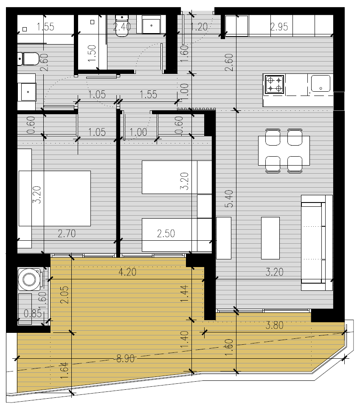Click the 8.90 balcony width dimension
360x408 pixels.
[125, 359]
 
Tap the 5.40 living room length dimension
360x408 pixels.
[229, 199]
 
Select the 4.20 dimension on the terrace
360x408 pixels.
[127, 272]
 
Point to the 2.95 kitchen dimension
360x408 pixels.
[279, 27]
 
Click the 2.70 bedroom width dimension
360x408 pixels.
[67, 234]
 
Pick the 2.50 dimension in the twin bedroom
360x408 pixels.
[166, 234]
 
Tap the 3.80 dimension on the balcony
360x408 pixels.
[274, 325]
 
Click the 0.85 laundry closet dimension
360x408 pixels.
[33, 314]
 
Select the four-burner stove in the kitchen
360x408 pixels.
[274, 84]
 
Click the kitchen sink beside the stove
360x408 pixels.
[321, 84]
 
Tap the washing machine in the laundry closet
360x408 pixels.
[29, 279]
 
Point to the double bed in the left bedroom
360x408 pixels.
[55, 198]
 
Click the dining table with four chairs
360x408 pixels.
[284, 150]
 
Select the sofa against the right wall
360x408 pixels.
[317, 242]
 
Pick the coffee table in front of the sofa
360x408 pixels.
[270, 238]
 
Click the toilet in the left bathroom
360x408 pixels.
[28, 59]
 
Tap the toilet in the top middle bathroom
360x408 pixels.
[122, 25]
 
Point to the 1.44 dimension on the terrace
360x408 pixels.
[184, 293]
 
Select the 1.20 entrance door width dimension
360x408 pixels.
[199, 27]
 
